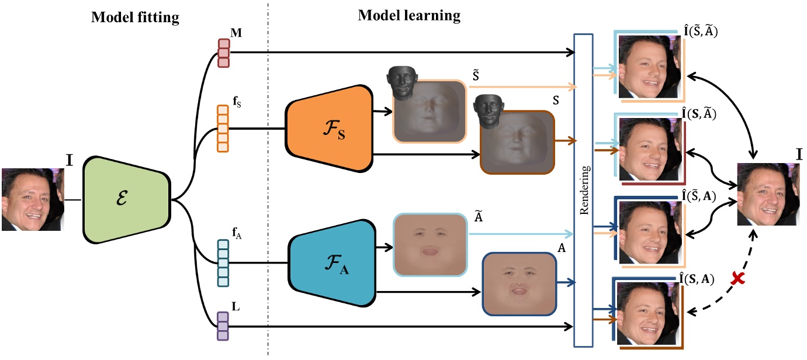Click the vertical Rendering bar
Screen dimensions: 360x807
pyautogui.click(x=584, y=189)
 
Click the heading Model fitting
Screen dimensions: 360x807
pyautogui.click(x=134, y=18)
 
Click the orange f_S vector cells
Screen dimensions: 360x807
pyautogui.click(x=223, y=129)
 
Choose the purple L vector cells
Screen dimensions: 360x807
pyautogui.click(x=223, y=326)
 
